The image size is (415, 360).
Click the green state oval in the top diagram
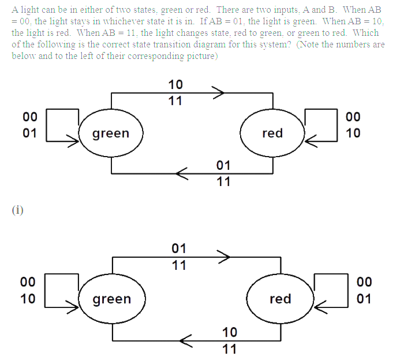111,133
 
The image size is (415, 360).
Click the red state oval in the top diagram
272,133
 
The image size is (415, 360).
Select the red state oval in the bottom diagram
281,299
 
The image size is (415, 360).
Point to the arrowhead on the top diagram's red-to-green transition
181,173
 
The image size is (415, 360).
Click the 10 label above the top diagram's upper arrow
175,85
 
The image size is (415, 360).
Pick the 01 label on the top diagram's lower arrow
223,166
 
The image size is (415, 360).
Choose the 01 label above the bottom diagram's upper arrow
179,249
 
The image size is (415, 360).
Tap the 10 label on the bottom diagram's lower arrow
229,332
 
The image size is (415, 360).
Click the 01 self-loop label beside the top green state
29,133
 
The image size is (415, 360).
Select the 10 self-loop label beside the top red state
353,133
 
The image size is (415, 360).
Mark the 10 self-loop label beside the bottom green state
28,299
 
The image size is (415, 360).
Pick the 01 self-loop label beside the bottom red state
364,299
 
